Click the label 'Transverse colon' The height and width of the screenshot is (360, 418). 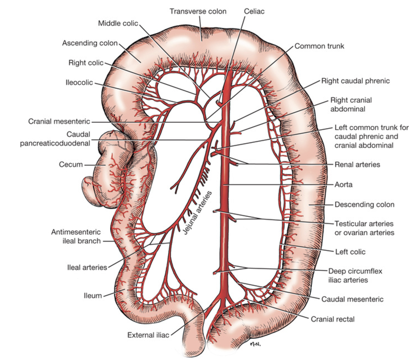point(198,11)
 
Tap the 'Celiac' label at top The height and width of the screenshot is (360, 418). point(254,11)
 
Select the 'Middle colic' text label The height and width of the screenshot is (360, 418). point(118,23)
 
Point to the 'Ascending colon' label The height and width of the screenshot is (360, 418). point(89,43)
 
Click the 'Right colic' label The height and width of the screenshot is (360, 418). point(86,63)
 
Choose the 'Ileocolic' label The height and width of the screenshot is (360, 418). point(77,82)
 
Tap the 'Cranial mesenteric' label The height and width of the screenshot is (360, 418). point(59,121)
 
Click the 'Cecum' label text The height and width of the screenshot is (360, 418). point(71,164)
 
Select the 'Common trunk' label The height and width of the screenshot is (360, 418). point(319,46)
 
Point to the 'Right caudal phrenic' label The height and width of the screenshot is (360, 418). point(355,81)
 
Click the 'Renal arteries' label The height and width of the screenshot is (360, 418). point(357,164)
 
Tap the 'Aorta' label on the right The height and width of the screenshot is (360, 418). point(343,184)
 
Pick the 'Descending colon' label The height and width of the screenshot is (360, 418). point(364,204)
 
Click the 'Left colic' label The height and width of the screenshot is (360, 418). point(350,252)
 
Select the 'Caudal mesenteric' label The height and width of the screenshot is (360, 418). point(352,299)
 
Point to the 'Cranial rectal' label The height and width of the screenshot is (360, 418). point(333,319)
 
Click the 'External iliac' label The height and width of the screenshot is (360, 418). point(148,335)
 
